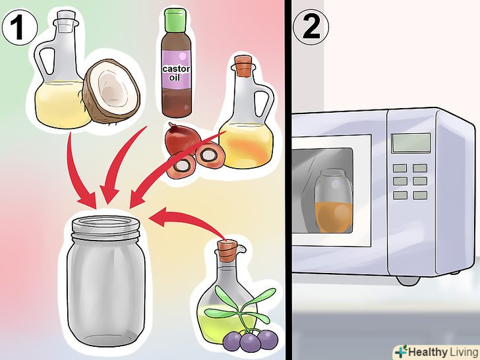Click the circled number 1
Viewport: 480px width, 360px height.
(x=20, y=28)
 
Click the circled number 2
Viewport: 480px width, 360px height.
(x=311, y=28)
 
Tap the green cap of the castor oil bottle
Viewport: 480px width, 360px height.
(x=175, y=20)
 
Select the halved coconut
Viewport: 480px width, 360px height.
(x=111, y=91)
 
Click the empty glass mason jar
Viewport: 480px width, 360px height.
(x=106, y=281)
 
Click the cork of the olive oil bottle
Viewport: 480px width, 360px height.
(x=227, y=249)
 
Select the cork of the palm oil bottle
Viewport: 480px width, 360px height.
(x=243, y=65)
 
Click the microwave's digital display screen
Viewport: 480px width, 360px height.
(x=411, y=143)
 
